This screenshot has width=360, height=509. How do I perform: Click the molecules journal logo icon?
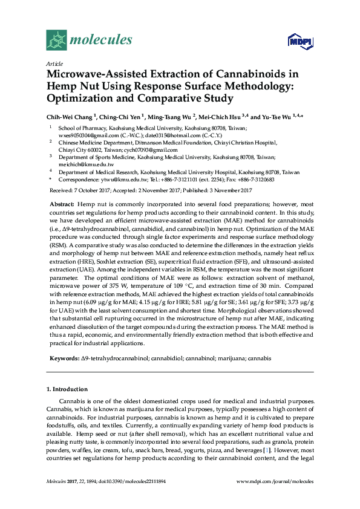57,41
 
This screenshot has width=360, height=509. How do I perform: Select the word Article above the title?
54,63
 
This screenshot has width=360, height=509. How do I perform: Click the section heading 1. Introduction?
67,389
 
